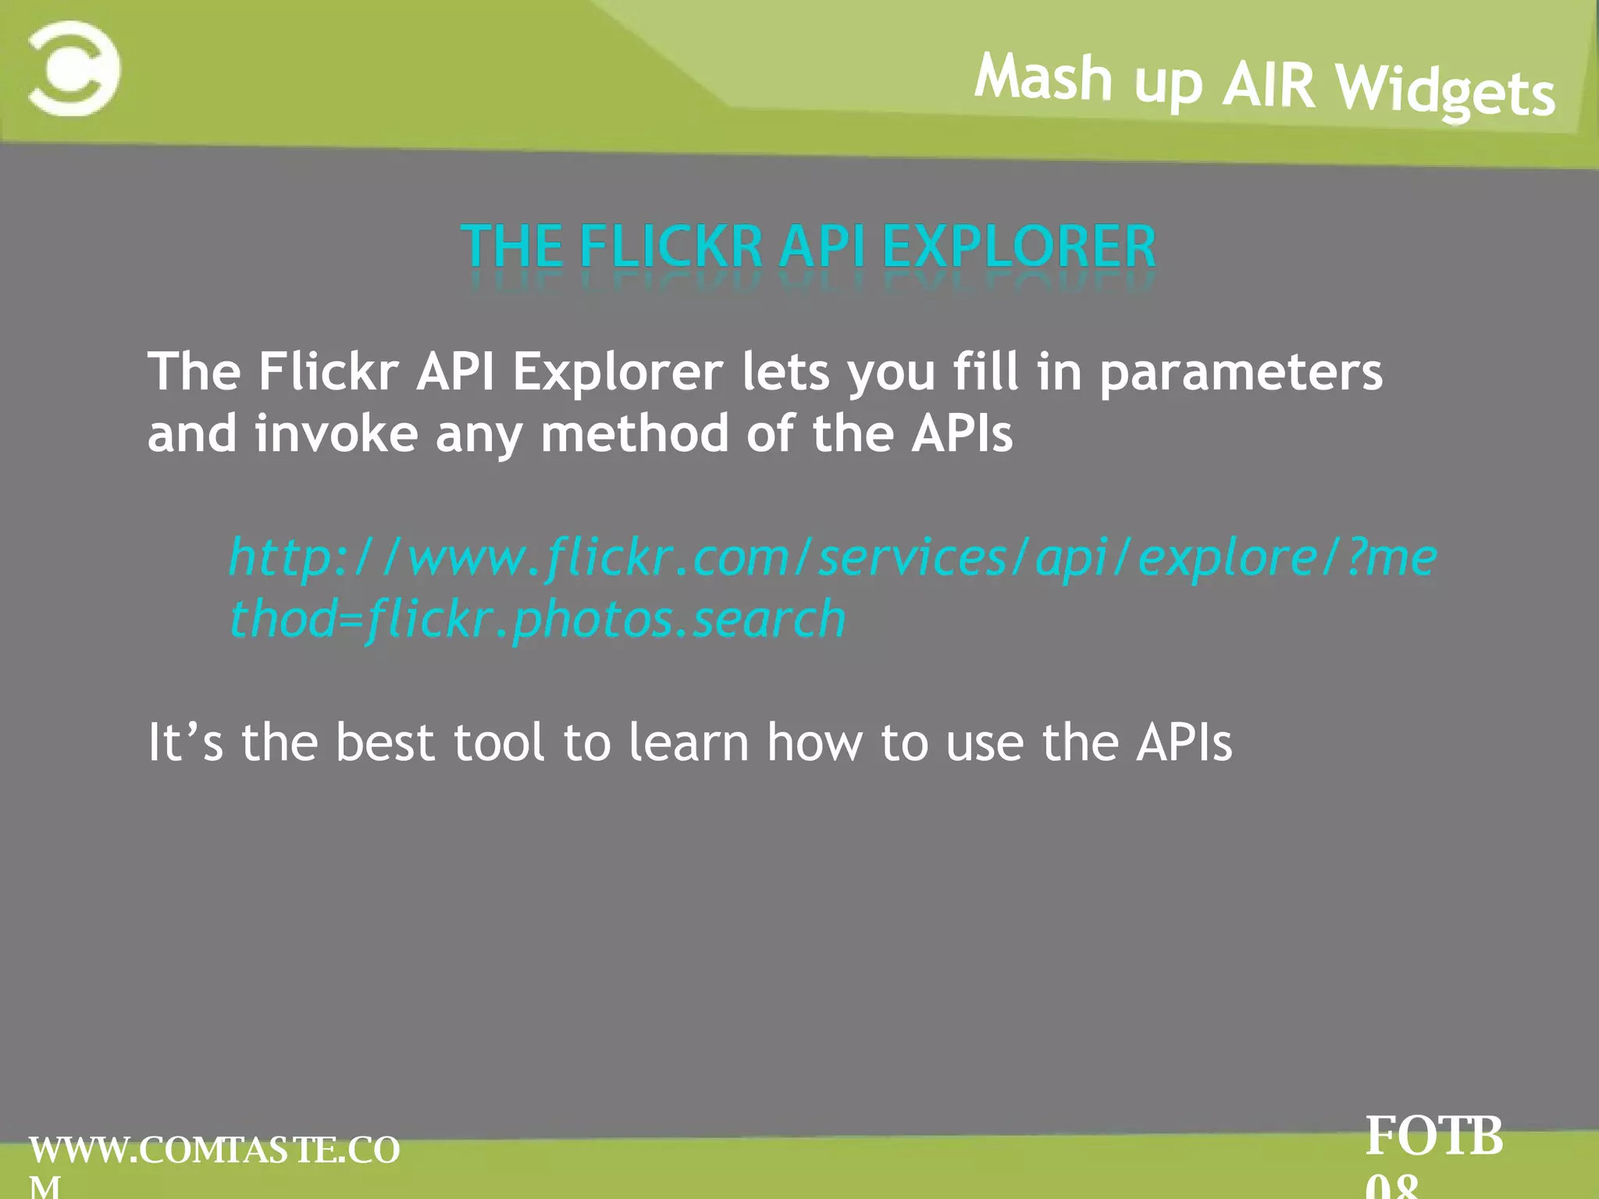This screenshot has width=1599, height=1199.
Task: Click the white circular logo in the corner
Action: click(74, 69)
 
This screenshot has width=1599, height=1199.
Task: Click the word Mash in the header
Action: click(1043, 77)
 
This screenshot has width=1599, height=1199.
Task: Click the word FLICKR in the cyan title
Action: click(671, 247)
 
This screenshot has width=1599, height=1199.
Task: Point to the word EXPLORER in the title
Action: click(1019, 247)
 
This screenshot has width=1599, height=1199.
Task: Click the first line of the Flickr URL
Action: click(832, 558)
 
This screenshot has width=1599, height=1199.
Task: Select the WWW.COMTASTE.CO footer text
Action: click(215, 1151)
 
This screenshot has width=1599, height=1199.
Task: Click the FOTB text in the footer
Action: click(1434, 1137)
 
